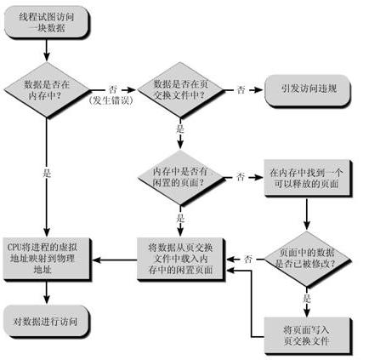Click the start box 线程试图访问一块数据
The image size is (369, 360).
(x=46, y=22)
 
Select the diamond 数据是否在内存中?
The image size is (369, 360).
(x=47, y=90)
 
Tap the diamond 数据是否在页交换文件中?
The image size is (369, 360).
(x=180, y=90)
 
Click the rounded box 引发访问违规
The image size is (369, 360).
(x=308, y=90)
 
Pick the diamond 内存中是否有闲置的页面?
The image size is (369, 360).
(x=180, y=178)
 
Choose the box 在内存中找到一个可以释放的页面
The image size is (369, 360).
(x=308, y=178)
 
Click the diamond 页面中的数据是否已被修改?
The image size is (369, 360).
(x=307, y=259)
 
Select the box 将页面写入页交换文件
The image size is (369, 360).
(x=308, y=335)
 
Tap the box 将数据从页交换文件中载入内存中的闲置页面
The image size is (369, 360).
(x=181, y=259)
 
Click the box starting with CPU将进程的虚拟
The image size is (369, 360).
(x=47, y=259)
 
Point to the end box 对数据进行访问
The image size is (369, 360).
(x=46, y=321)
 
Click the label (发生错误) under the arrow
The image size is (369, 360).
(x=111, y=100)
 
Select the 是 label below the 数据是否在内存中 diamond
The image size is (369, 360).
(x=47, y=173)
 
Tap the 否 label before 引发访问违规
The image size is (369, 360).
(x=241, y=90)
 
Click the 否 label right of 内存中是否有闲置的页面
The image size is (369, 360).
(x=241, y=177)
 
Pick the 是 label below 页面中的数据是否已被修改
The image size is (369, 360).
(x=307, y=298)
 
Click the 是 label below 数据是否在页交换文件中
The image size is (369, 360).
(x=180, y=129)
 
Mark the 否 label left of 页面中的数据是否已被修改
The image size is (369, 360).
(x=248, y=259)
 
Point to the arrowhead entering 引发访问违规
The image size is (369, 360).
(x=259, y=90)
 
